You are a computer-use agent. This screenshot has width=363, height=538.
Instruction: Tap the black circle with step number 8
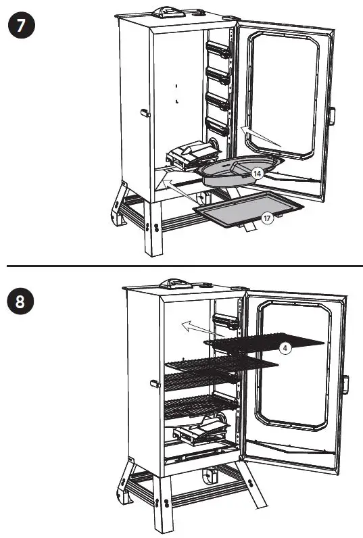coord(20,301)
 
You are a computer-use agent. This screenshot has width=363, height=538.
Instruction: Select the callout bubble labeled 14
coord(257,174)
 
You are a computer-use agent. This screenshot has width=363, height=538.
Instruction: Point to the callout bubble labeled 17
coord(268,218)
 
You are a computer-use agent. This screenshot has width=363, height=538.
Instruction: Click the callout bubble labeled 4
coord(286,347)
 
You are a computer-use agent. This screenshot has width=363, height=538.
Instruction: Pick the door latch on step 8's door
coord(345,385)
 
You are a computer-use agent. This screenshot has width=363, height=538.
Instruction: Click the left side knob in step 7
coord(144,113)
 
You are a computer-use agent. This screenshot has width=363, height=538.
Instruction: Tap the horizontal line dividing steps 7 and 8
coord(181,266)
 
